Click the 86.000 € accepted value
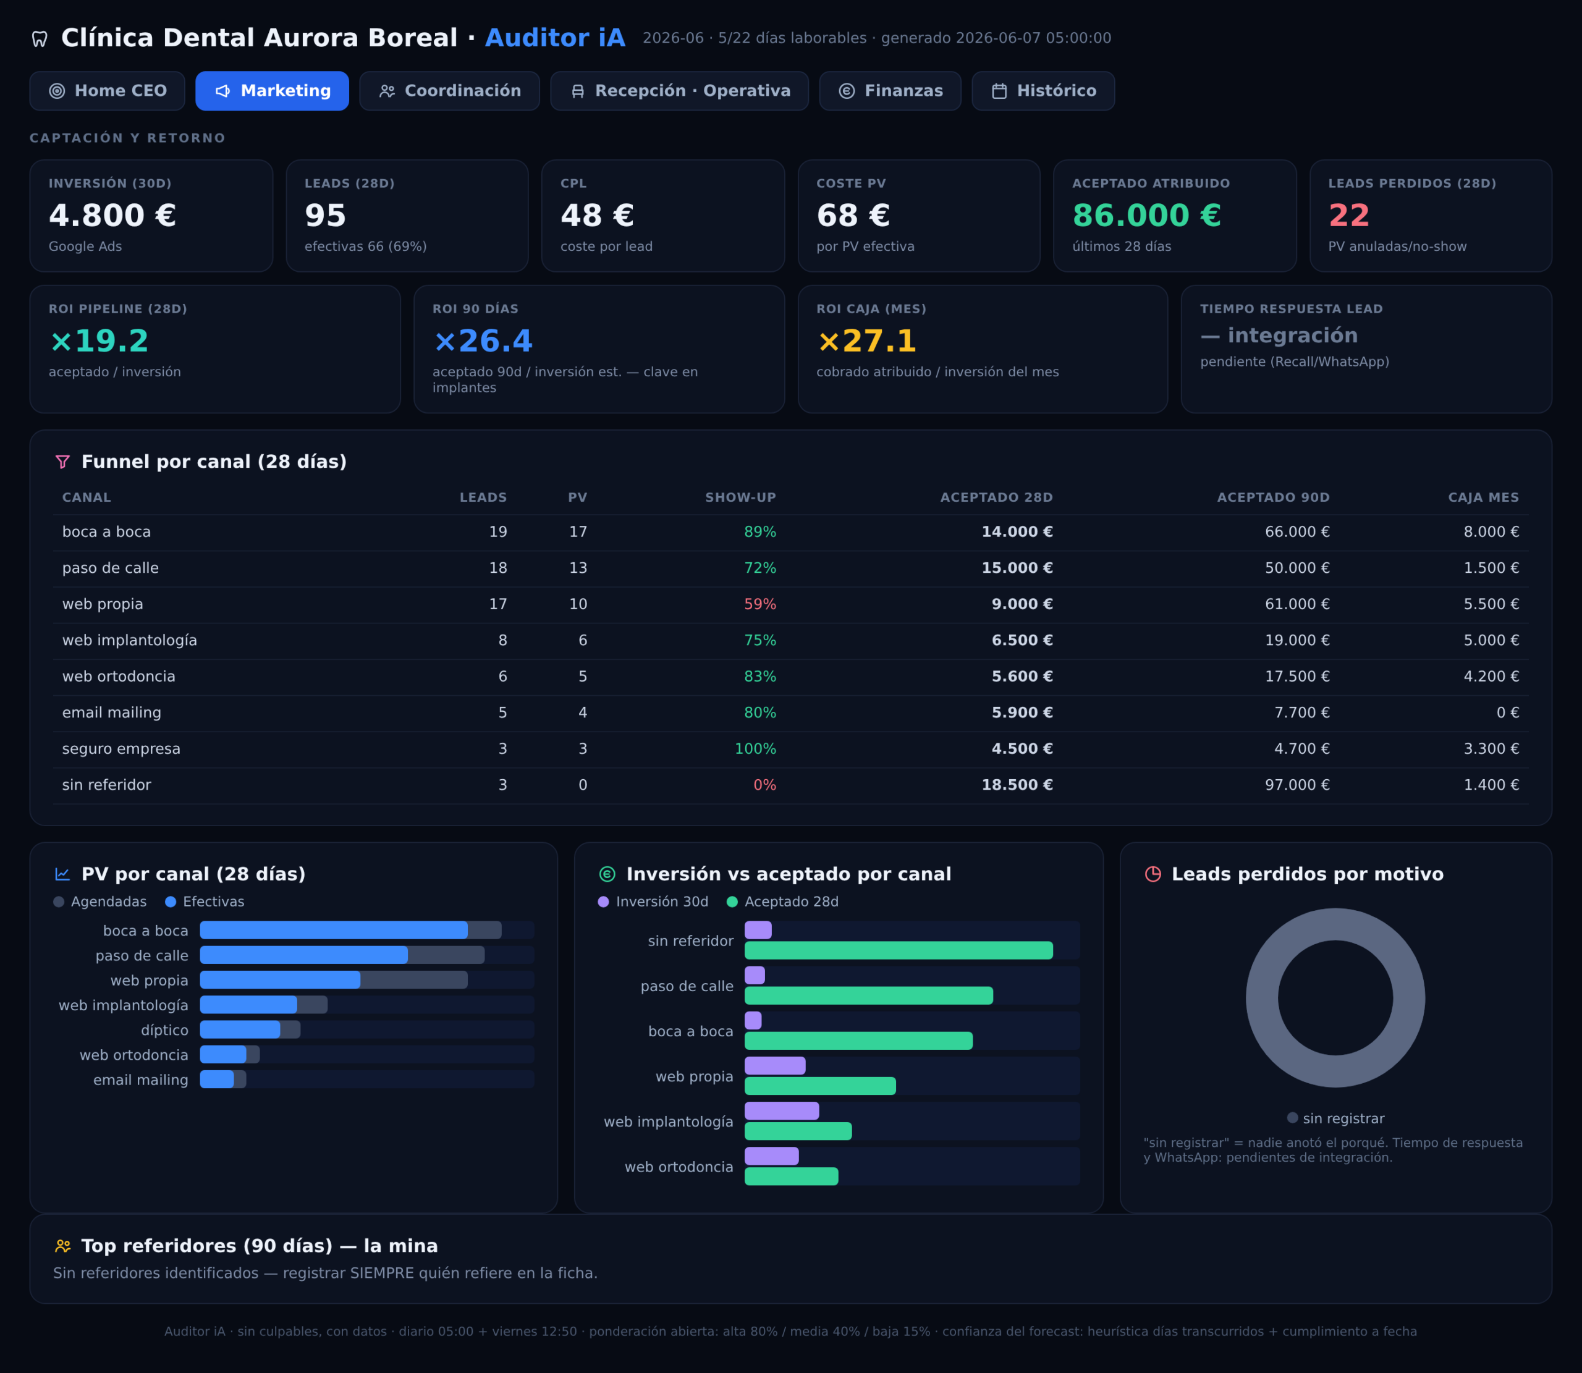tap(1146, 215)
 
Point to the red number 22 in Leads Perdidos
tap(1348, 215)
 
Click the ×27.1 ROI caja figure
tap(866, 341)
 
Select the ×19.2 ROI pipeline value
tap(99, 341)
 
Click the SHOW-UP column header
tap(740, 497)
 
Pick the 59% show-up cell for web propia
tap(760, 604)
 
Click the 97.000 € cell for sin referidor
tap(1297, 785)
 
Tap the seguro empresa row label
tap(121, 748)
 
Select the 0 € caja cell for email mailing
tap(1508, 712)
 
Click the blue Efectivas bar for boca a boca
tap(333, 930)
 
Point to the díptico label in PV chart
tap(164, 1029)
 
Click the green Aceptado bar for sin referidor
tap(899, 950)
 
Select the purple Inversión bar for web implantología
tap(782, 1110)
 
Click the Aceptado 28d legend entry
tap(782, 902)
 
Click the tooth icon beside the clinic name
tap(40, 38)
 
